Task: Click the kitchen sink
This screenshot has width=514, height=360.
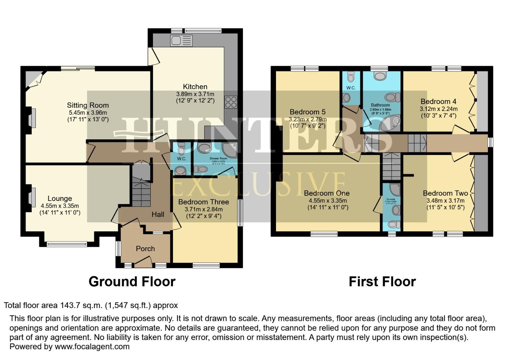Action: pos(181,41)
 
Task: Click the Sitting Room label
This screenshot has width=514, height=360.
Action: pos(88,105)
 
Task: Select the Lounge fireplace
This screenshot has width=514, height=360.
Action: pos(31,197)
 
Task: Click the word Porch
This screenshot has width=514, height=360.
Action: pos(145,249)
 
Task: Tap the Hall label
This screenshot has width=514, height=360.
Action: pos(158,214)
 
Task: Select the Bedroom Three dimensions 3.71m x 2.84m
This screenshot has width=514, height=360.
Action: pos(203,209)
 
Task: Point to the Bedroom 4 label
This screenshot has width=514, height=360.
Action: pos(438,101)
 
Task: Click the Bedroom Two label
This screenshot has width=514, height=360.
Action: pos(445,193)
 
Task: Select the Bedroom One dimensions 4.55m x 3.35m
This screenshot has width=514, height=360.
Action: pos(327,201)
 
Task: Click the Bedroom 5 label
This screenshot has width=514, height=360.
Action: pos(307,112)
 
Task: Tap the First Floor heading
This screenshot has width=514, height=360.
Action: pos(382,282)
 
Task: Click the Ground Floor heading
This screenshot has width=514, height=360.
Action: pos(132,282)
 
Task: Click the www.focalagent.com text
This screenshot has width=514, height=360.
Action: pos(92,347)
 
